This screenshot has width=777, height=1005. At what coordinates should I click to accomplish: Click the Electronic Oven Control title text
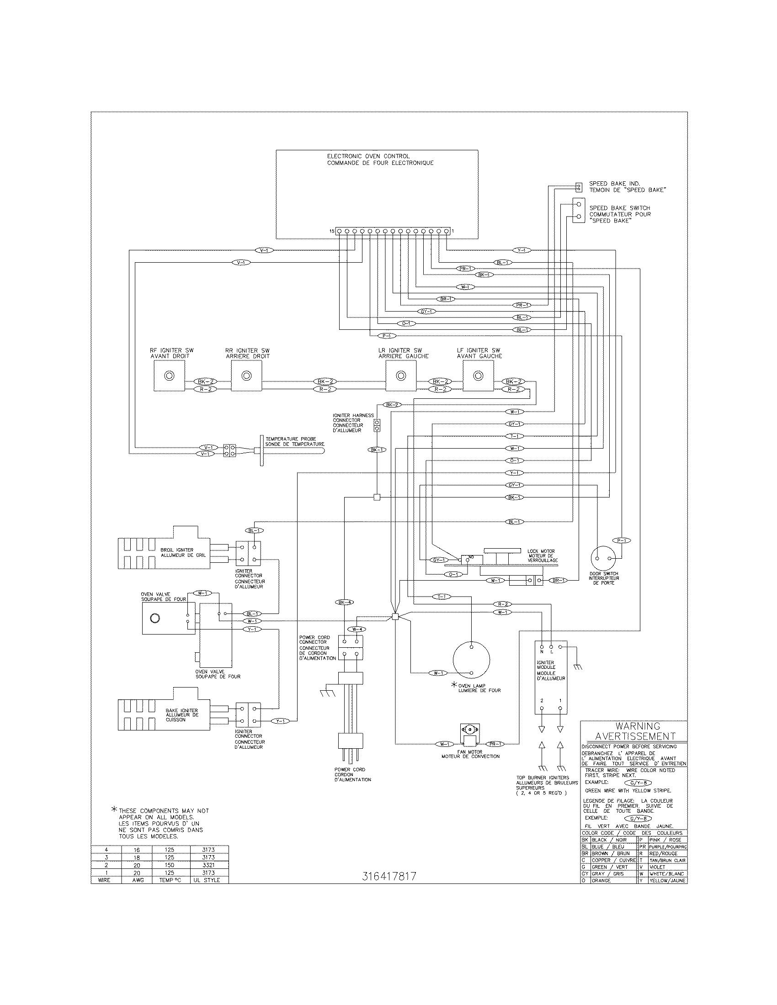[368, 156]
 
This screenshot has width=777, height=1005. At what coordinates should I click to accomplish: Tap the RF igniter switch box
[169, 376]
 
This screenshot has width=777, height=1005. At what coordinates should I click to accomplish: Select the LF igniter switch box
[478, 376]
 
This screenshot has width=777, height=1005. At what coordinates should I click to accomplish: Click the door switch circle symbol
[604, 557]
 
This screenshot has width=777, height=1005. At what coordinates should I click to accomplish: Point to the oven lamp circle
[471, 659]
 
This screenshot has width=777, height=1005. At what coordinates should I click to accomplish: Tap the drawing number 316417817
[389, 877]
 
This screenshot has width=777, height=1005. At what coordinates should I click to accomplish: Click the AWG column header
[137, 880]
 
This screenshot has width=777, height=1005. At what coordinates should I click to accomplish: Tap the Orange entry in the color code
[601, 880]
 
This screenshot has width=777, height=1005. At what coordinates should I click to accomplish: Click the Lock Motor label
[541, 551]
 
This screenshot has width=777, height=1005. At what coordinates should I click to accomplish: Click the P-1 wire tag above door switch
[622, 540]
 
